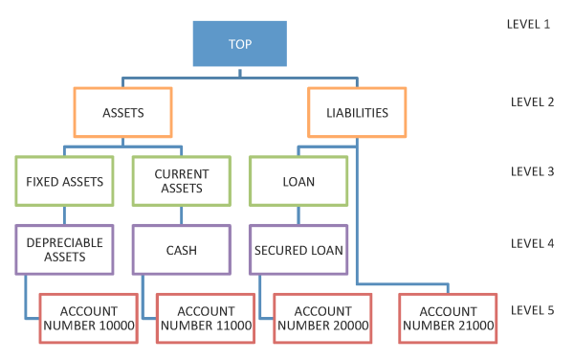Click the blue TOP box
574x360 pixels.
239,45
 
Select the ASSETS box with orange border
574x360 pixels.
122,112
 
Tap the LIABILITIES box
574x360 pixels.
355,112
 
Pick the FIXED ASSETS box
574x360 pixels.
64,180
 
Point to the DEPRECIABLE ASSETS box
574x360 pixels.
64,249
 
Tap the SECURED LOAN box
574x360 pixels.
298,249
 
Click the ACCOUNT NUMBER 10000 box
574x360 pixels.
89,318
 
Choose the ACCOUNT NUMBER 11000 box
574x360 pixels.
206,318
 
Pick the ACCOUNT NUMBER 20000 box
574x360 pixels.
322,318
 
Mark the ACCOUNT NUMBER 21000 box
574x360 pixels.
449,318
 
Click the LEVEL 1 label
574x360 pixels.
527,22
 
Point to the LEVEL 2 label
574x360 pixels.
527,101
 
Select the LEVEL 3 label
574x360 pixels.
527,171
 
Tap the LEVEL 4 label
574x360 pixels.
527,242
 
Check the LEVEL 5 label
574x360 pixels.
527,309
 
